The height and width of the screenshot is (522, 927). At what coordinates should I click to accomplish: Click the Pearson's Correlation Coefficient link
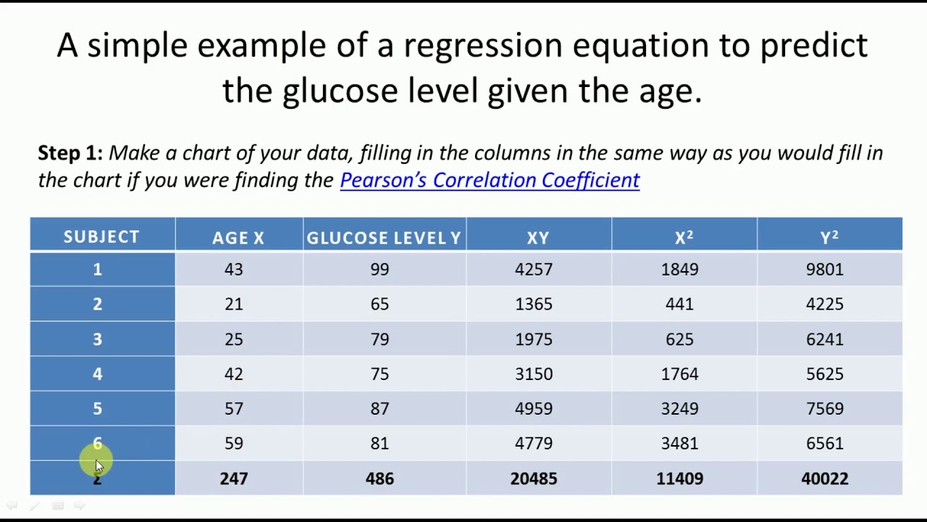490,181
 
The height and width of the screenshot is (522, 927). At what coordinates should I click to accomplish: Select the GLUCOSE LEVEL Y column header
384,238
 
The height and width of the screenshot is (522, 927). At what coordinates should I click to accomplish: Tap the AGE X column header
238,238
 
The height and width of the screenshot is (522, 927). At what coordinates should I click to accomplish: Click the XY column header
538,238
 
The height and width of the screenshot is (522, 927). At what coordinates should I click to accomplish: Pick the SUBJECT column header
101,237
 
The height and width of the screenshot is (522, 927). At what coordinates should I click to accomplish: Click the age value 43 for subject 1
234,270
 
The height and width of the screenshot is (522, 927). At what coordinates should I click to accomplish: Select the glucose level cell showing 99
379,270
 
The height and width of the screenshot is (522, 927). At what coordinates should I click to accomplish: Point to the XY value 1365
534,304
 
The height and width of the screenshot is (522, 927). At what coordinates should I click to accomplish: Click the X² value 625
679,339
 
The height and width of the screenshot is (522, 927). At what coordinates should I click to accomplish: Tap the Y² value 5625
825,374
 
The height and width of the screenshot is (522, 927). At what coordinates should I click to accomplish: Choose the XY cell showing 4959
534,409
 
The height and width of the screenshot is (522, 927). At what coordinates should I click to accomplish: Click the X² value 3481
679,444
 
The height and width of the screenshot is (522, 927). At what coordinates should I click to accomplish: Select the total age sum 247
234,478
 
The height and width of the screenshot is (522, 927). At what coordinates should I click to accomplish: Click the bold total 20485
534,478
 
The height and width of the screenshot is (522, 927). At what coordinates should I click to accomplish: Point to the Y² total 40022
825,478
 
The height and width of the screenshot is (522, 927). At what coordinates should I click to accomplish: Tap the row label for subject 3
98,339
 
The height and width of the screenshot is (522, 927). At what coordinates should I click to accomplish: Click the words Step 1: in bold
70,153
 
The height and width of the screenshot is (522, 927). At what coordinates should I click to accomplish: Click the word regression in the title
482,46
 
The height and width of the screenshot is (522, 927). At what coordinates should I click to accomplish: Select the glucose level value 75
379,374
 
